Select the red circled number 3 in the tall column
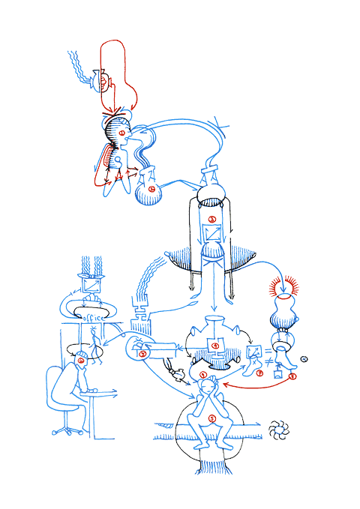[213, 220]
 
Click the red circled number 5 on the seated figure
[212, 418]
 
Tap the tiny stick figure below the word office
[96, 343]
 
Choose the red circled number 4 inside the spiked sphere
[216, 346]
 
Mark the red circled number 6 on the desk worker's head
[81, 363]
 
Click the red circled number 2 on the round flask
[153, 190]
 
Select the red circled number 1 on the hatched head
[122, 132]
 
